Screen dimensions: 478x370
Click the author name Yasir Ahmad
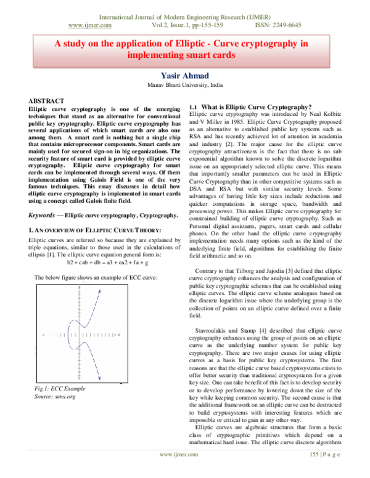pyautogui.click(x=185, y=76)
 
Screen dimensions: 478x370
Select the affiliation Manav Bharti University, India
pyautogui.click(x=185, y=86)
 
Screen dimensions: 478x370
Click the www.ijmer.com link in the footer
pyautogui.click(x=179, y=471)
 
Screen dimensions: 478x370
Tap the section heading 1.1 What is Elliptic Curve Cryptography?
pyautogui.click(x=250, y=107)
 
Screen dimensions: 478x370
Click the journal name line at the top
pyautogui.click(x=185, y=17)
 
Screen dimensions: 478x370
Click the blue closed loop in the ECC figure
pyautogui.click(x=72, y=336)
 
